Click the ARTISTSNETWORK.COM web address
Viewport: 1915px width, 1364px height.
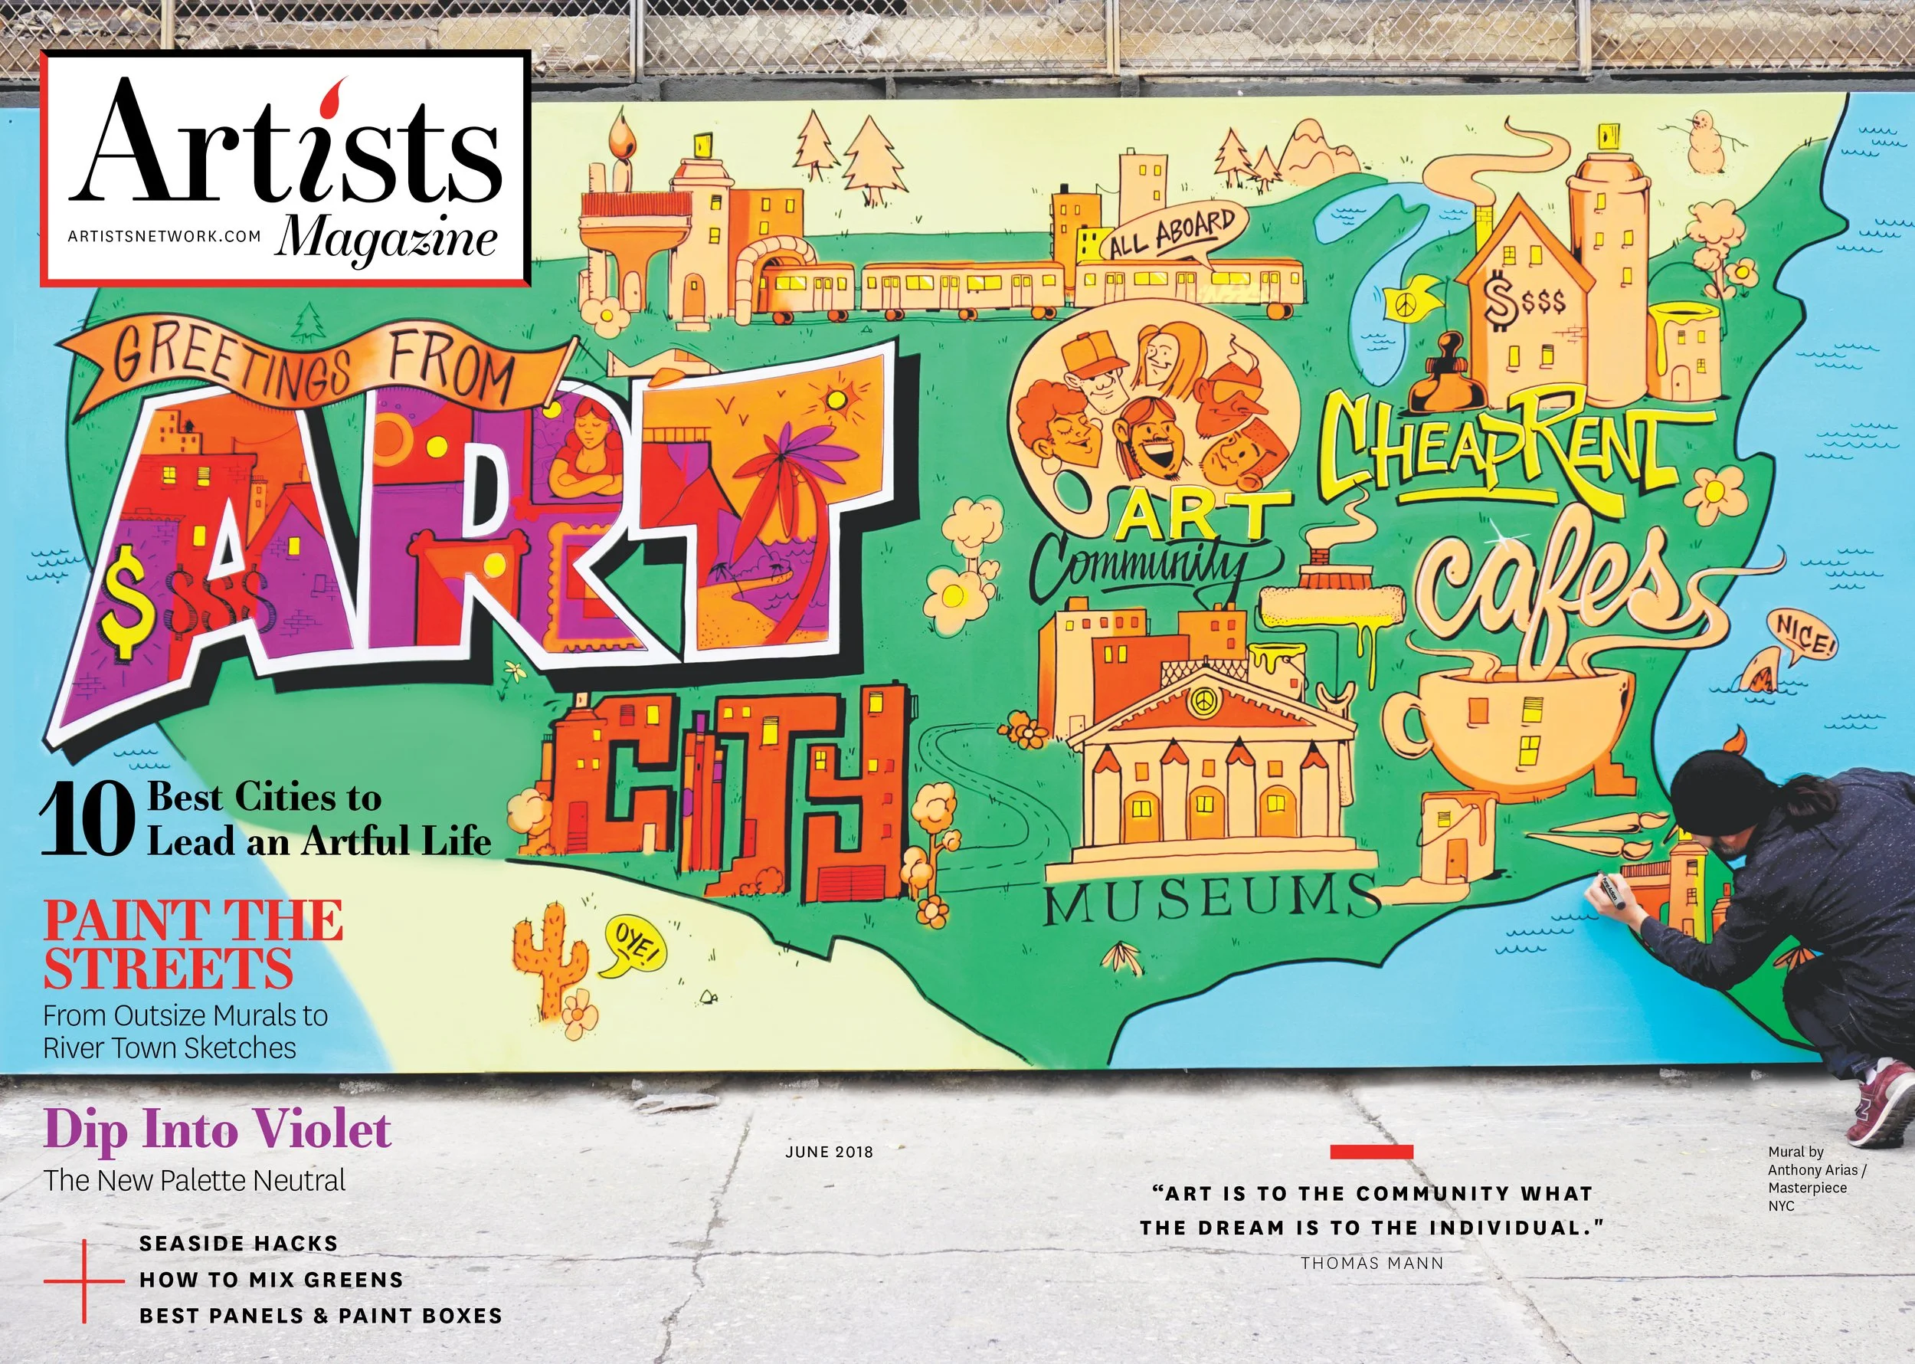pos(165,237)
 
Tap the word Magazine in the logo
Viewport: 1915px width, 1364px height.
pos(388,238)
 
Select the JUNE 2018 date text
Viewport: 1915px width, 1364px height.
pos(829,1152)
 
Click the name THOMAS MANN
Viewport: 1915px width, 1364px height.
pos(1372,1262)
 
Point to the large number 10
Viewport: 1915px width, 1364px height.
pos(87,819)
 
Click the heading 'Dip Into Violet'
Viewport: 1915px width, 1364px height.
pos(217,1129)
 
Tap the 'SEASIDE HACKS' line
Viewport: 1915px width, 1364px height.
pos(238,1243)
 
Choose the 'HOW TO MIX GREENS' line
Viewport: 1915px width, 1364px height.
pos(271,1280)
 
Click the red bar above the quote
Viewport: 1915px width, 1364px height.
pos(1371,1152)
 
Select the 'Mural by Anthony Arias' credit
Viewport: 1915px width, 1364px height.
pos(1816,1179)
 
